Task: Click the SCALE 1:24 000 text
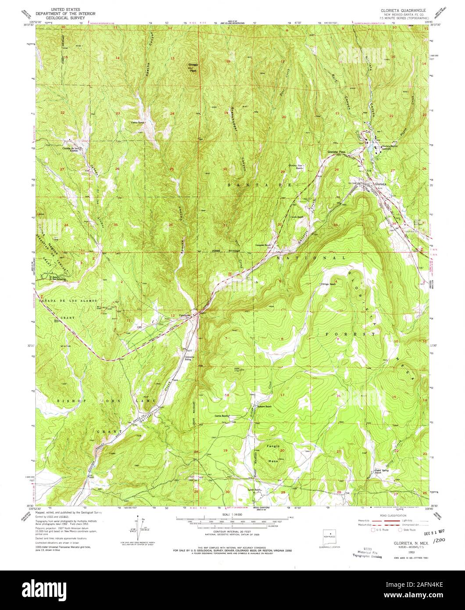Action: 232,514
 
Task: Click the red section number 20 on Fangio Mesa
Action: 282,450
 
